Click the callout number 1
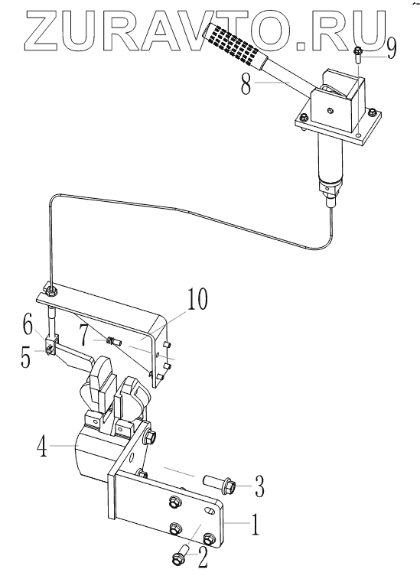coord(255,525)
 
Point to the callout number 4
coord(42,445)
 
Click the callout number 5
coord(25,357)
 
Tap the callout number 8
coord(246,84)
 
